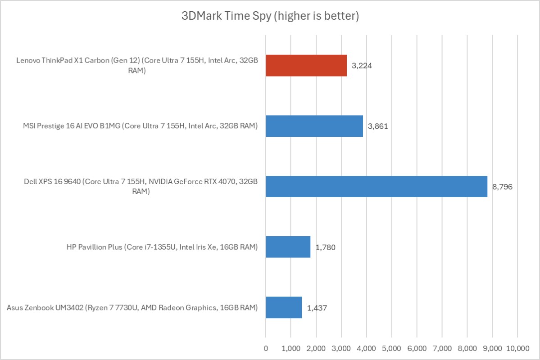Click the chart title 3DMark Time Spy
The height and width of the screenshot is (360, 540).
[x=270, y=17]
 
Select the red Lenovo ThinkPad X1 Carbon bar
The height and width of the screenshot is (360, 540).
[x=306, y=66]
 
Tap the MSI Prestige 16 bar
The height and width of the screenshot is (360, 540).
[x=314, y=126]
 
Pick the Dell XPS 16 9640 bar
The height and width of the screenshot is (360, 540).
[x=377, y=186]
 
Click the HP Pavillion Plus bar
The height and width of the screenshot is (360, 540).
[x=288, y=247]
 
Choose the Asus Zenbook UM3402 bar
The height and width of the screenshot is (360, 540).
[x=284, y=307]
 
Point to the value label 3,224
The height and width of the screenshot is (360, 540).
[x=362, y=66]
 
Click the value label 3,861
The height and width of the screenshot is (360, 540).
[x=378, y=126]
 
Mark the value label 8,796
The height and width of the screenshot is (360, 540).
[x=502, y=186]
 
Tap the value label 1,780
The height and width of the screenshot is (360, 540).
[x=325, y=247]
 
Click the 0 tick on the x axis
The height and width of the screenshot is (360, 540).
[x=266, y=348]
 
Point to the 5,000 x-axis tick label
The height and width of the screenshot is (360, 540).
[x=391, y=348]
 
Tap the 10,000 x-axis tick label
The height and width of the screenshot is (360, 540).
[x=517, y=348]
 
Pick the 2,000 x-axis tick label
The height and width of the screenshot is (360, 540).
[x=316, y=348]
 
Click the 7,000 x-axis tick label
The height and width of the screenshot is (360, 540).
[x=442, y=348]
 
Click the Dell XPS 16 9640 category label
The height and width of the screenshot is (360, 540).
[x=141, y=186]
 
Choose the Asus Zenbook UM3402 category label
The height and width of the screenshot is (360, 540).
[x=132, y=307]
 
